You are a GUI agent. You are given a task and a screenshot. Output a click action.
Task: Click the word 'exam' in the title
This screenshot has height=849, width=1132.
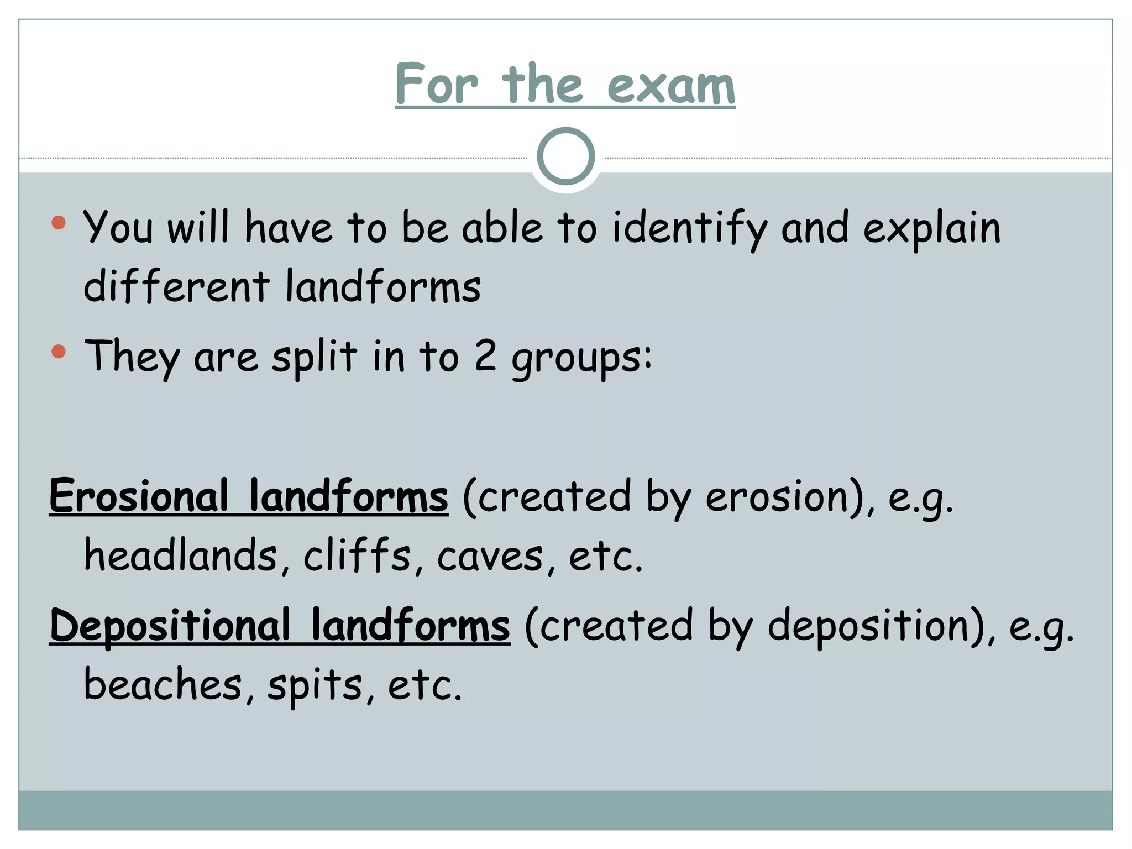point(671,85)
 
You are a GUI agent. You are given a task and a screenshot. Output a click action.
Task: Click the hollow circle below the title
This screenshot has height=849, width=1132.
point(565,156)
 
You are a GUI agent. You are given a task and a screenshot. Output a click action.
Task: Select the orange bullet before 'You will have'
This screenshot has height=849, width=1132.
point(59,223)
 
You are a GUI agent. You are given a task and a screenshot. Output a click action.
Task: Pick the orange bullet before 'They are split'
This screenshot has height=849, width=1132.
point(59,352)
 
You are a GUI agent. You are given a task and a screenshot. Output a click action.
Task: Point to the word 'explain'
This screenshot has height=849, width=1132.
point(932,228)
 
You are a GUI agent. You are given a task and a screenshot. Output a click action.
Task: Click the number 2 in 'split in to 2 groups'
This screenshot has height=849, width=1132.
point(485,357)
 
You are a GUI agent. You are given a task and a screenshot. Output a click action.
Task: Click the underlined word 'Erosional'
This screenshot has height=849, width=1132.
point(139,496)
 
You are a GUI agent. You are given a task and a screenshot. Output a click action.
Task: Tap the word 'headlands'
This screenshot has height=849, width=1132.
point(180,555)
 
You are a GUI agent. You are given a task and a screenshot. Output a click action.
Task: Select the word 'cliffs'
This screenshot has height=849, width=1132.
point(357,555)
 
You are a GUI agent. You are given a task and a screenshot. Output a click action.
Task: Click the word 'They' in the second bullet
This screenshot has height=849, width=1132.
point(132,357)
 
